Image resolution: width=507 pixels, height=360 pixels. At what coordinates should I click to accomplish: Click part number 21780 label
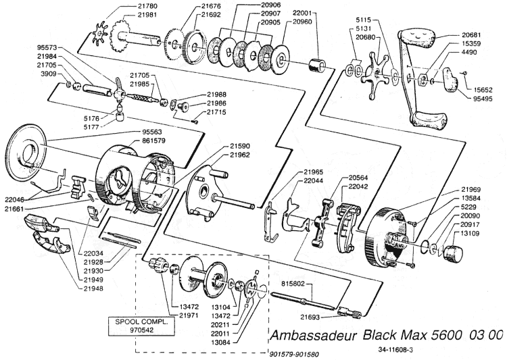click(x=147, y=6)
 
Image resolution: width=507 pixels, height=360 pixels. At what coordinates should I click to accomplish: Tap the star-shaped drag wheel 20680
click(x=375, y=76)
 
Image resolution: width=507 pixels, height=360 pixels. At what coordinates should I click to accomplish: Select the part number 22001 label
click(x=302, y=14)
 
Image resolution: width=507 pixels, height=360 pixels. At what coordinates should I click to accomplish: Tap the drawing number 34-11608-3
click(x=395, y=349)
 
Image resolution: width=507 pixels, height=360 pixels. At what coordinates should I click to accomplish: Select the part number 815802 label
click(x=293, y=284)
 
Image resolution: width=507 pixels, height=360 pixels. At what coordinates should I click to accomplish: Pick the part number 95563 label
click(x=152, y=132)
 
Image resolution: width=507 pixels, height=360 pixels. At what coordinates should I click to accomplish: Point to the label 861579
click(x=153, y=141)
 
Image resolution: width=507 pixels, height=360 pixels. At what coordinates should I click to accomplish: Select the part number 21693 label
click(x=310, y=317)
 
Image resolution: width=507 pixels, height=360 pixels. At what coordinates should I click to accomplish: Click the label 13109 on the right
click(x=470, y=233)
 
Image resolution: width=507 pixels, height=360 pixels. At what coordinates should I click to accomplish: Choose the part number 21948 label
click(x=93, y=288)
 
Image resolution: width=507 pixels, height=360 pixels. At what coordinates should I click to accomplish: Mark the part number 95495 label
click(x=482, y=99)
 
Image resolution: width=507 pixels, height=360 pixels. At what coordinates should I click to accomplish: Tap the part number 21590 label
click(x=240, y=147)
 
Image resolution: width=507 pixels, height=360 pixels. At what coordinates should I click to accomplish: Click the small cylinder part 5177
click(x=120, y=116)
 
